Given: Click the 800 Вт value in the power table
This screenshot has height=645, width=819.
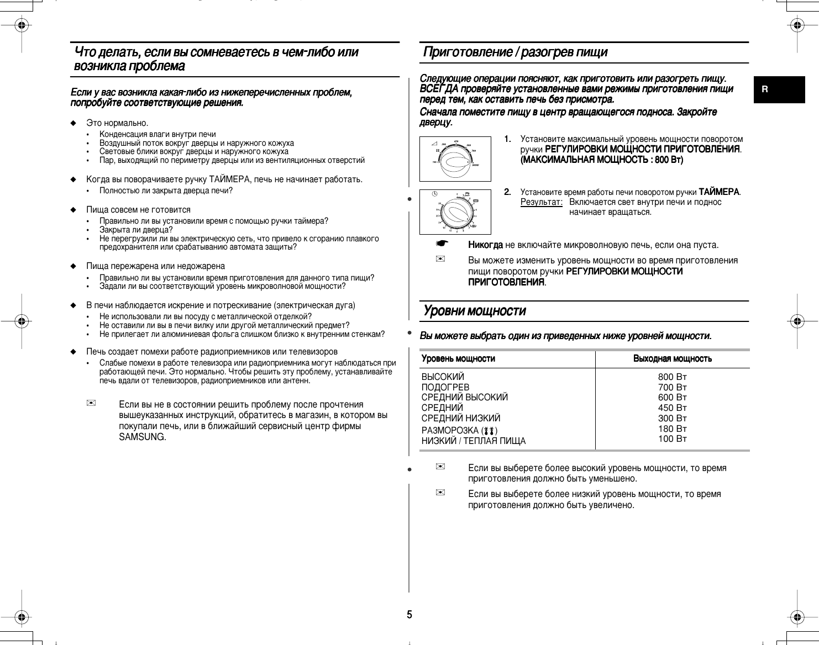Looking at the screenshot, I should click(672, 377).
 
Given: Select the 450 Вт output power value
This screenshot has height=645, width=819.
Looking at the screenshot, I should click(672, 408).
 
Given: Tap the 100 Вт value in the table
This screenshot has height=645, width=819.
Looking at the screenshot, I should click(672, 439).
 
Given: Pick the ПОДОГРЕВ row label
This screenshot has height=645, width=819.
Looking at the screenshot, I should click(445, 387).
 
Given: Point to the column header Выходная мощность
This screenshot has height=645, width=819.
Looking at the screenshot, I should click(672, 359).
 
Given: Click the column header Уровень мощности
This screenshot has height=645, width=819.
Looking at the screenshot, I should click(458, 359).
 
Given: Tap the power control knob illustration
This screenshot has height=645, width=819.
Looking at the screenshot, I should click(455, 159).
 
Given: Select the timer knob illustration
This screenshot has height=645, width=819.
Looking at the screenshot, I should click(455, 212).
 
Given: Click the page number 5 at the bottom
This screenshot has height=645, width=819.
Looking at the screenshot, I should click(410, 615).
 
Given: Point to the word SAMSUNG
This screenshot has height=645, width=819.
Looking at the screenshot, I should click(142, 437).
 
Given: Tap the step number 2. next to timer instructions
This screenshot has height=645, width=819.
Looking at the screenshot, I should click(507, 192).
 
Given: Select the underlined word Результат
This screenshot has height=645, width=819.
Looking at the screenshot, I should click(541, 202).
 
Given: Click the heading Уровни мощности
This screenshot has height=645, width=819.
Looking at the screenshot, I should click(474, 311).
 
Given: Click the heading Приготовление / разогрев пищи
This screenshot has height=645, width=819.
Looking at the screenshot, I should click(514, 52).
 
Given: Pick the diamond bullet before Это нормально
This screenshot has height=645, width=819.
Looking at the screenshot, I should click(73, 123).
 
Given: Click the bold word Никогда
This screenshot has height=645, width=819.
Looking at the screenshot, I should click(485, 245).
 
